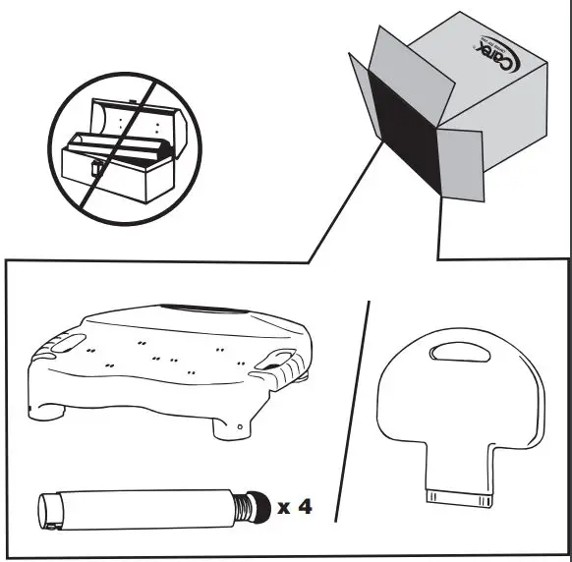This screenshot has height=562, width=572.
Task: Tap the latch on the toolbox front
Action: (x=96, y=169)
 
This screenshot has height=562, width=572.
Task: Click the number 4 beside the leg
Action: (x=306, y=507)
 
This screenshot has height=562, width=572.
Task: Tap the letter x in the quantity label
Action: (x=284, y=508)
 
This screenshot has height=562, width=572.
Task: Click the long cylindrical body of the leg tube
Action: (x=138, y=507)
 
